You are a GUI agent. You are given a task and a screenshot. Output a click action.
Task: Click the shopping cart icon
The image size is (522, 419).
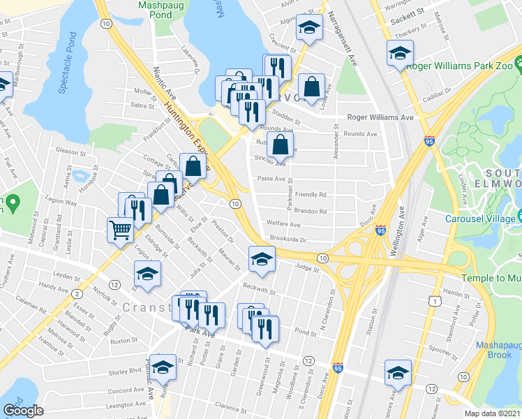coord(120,228)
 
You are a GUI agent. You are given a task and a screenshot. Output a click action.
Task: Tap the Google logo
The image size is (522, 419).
coord(23,411)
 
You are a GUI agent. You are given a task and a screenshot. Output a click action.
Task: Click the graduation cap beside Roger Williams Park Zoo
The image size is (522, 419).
coord(400,52)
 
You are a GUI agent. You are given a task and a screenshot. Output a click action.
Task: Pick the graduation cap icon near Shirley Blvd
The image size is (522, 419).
coord(163,366)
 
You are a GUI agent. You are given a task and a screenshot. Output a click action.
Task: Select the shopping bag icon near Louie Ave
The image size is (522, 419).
coord(313,87)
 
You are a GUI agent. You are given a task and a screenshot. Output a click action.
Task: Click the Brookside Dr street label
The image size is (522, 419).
coord(288,240)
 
